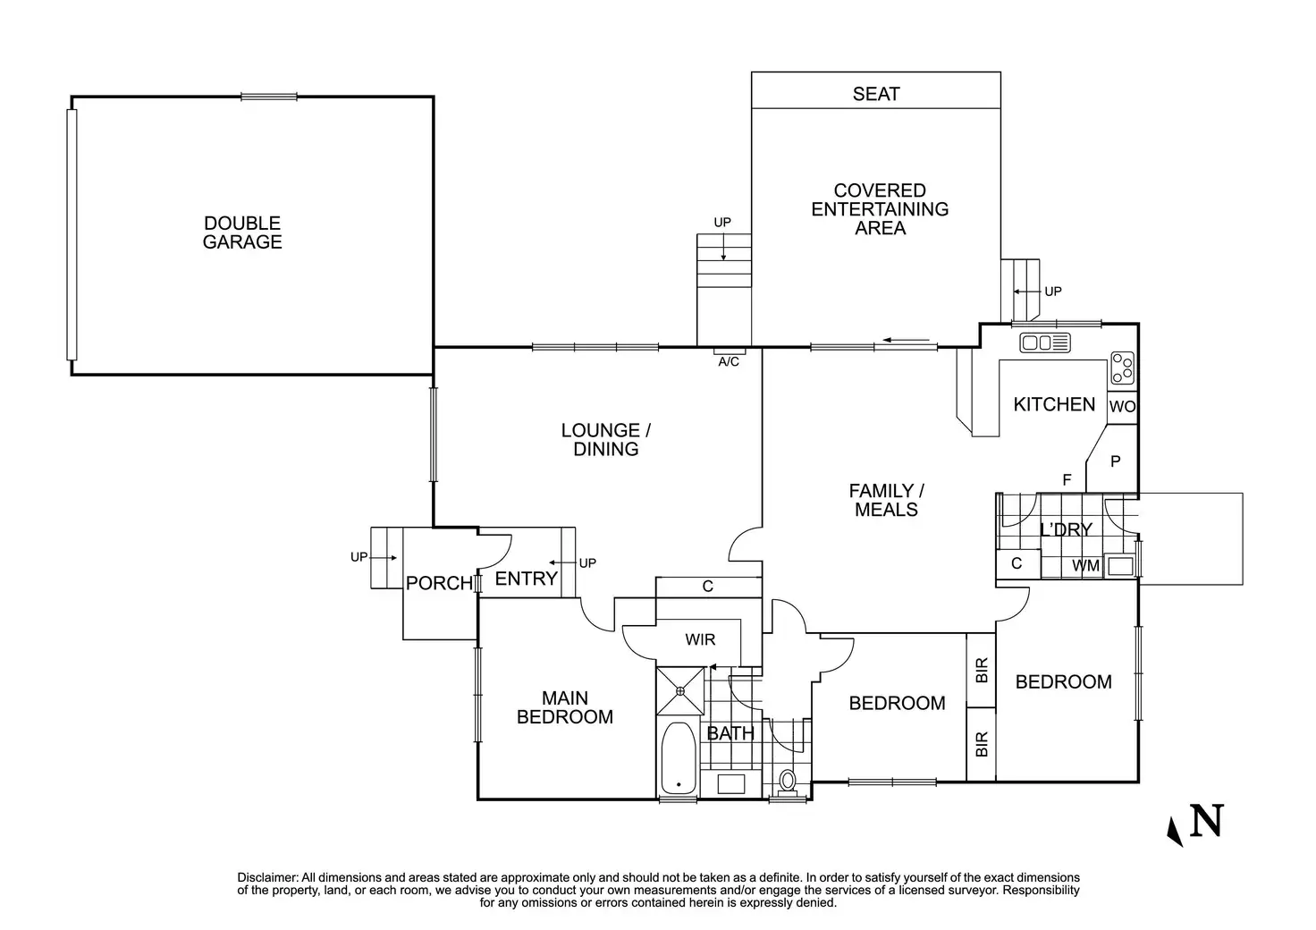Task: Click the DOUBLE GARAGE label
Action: [x=242, y=232]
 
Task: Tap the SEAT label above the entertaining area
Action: [x=876, y=94]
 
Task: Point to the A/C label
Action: [x=729, y=362]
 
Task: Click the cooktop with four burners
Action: [x=1123, y=368]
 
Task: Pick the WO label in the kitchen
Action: [x=1122, y=407]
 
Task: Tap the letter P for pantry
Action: [x=1116, y=461]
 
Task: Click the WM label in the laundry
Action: [x=1085, y=566]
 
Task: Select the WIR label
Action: [x=700, y=640]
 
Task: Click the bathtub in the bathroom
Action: [x=679, y=759]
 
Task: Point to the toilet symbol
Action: [x=787, y=780]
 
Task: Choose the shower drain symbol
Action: [x=680, y=690]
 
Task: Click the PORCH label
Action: [x=439, y=584]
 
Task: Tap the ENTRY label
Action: [x=526, y=579]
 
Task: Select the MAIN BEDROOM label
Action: [x=565, y=707]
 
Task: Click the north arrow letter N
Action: [x=1206, y=821]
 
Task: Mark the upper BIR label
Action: [x=982, y=671]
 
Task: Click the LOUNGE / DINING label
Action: [x=605, y=440]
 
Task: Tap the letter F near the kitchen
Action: [x=1067, y=481]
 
